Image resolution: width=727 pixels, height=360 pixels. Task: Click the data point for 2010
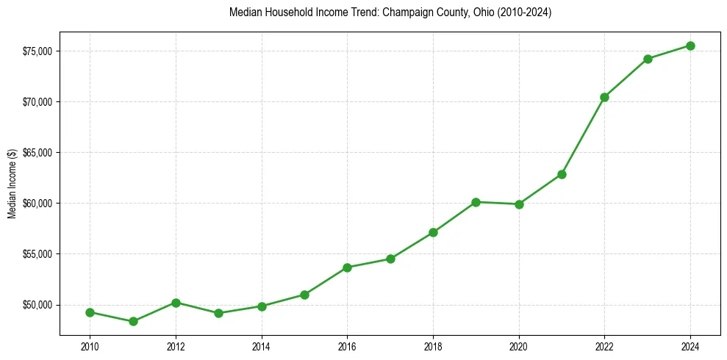tap(90, 312)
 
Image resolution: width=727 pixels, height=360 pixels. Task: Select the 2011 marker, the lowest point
tap(133, 321)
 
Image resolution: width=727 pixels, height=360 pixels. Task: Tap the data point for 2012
tap(176, 303)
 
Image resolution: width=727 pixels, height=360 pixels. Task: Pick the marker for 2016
tap(348, 267)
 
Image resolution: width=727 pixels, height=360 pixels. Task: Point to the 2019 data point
tap(476, 202)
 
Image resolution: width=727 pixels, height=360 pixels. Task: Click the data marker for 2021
tap(562, 174)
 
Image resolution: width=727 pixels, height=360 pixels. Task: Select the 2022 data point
tap(605, 97)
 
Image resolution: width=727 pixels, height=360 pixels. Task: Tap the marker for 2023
tap(648, 59)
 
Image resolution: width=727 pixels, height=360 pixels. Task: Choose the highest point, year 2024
tap(691, 46)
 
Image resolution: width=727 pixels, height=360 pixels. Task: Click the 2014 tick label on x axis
tap(262, 346)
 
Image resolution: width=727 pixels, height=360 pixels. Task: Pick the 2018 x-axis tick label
tap(434, 346)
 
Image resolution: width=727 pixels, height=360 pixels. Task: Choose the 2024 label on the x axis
tap(691, 346)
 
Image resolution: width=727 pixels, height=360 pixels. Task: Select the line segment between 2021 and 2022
tap(583, 136)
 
